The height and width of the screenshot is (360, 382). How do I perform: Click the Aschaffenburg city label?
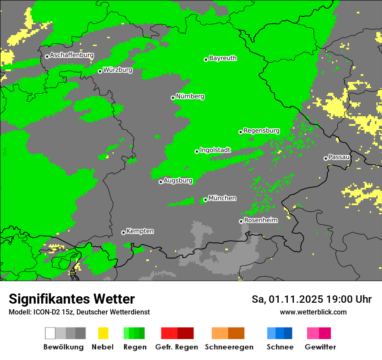tap(72, 55)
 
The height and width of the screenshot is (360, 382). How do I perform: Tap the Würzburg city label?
tap(118, 69)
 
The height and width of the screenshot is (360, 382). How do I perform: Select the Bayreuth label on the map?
tap(223, 58)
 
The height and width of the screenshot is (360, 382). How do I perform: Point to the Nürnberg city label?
tap(190, 96)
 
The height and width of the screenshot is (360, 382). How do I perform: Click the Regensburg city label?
tap(261, 131)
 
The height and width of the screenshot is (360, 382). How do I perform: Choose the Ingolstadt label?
tap(215, 150)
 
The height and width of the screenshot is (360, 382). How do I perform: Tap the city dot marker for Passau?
tap(326, 158)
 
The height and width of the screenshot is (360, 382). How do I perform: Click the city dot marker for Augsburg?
tap(161, 182)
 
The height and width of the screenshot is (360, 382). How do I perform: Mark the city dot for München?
tap(205, 200)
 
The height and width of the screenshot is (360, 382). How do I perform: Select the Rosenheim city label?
tap(261, 220)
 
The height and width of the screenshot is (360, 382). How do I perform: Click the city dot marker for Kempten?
tap(123, 232)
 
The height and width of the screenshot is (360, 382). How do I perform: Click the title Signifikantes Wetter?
tap(72, 299)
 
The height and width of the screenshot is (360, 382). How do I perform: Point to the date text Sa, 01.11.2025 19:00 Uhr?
tap(311, 299)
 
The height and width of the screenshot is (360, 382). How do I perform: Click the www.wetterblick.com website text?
tap(313, 312)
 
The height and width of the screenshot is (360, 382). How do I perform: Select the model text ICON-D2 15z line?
tap(79, 312)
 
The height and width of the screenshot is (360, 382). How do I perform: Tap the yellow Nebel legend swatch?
tap(103, 333)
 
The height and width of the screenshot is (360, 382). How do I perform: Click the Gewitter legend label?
tap(320, 347)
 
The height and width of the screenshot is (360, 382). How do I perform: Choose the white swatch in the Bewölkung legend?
tap(50, 333)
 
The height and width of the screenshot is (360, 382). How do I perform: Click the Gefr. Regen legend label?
tap(176, 347)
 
